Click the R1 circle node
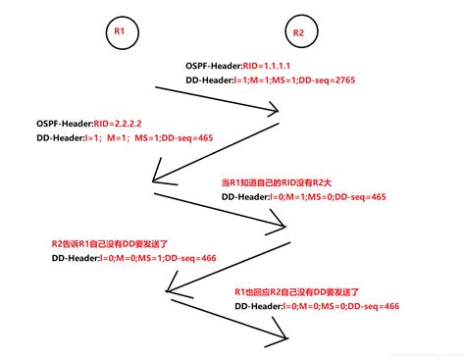click(x=118, y=32)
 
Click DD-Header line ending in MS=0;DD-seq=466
click(x=317, y=307)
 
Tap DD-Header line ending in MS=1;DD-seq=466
click(x=134, y=258)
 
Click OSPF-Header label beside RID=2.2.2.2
click(x=65, y=124)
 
